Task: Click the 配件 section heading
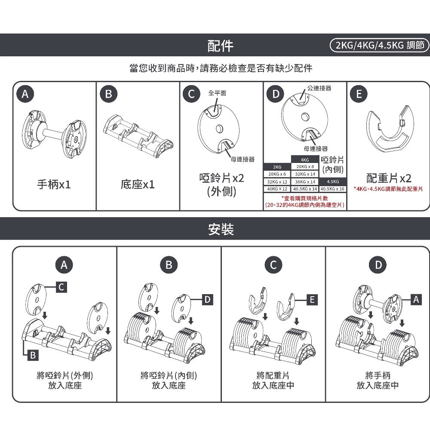220,45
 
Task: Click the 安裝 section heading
220,230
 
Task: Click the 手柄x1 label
54,185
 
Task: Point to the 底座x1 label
138,185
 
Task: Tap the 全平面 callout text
217,93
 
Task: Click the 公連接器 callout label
319,88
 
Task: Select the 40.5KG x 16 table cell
332,189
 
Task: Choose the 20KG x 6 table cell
277,174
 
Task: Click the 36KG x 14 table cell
305,181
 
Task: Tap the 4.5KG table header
332,181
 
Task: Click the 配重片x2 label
389,178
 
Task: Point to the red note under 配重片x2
388,189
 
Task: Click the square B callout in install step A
32,355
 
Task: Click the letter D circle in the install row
378,265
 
